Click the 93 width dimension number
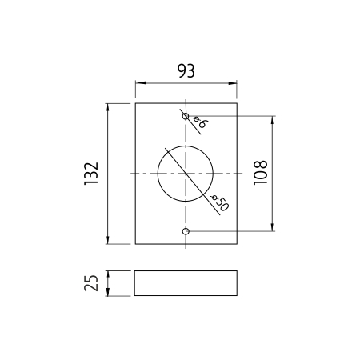point(186,71)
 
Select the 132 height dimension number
point(91,174)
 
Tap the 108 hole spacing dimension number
point(260,173)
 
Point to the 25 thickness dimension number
point(91,283)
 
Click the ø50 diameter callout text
point(219,202)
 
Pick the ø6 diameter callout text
point(199,122)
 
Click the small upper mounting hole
point(186,116)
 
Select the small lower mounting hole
point(186,231)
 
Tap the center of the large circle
point(186,174)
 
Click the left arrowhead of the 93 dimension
point(141,83)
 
